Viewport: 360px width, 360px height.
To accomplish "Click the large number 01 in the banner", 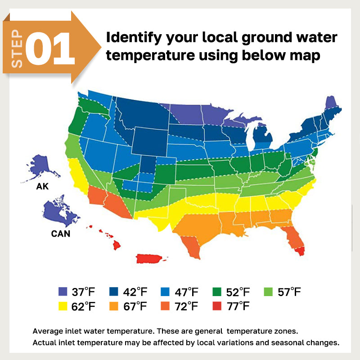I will [x=50, y=48].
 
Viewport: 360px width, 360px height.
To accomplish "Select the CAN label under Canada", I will [x=60, y=234].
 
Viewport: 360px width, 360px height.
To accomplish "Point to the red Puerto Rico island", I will [x=150, y=258].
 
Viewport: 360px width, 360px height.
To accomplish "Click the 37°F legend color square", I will [x=63, y=292].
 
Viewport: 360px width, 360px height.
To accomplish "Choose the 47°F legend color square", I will [x=165, y=292].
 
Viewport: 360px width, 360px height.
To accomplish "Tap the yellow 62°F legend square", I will [x=63, y=307].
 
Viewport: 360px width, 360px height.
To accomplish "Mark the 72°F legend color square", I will [x=165, y=307].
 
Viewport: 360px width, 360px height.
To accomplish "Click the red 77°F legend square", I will [x=216, y=307].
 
